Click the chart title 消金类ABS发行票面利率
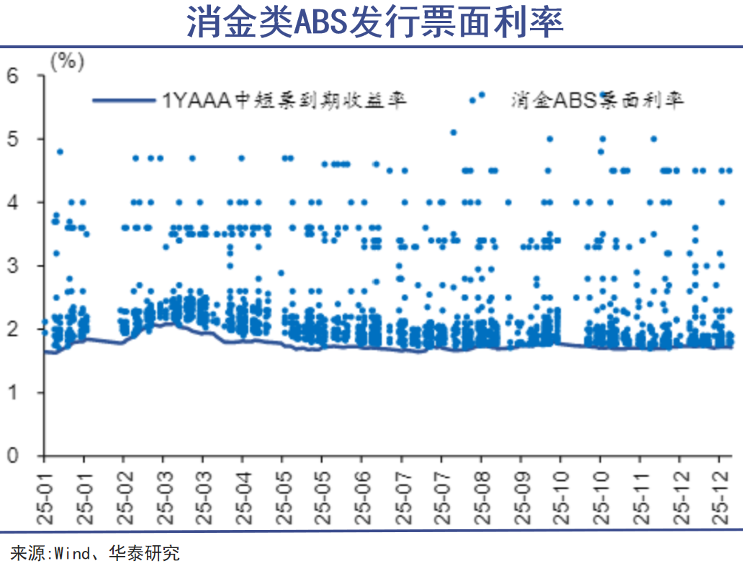[371, 24]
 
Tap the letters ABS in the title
[321, 24]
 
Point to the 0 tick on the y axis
[13, 456]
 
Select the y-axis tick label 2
[13, 329]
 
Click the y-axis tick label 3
[13, 266]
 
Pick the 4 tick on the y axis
[13, 202]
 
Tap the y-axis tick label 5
[13, 139]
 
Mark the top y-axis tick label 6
[13, 75]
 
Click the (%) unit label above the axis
[67, 62]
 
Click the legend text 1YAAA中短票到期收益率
[284, 99]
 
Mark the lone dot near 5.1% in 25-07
[453, 132]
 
